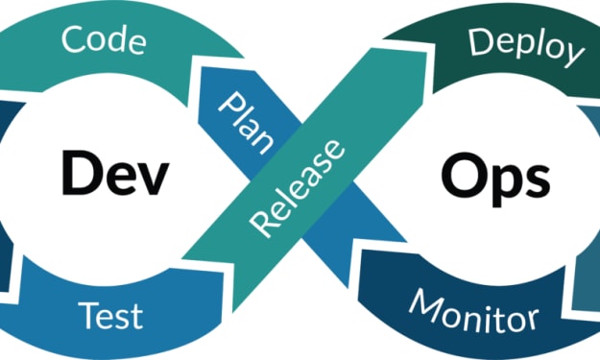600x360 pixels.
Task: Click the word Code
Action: (104, 39)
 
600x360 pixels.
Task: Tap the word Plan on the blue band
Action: (246, 123)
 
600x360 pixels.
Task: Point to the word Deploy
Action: (526, 48)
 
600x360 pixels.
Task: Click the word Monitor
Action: (473, 311)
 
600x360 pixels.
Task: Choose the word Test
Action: (110, 316)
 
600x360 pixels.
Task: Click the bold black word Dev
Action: (115, 174)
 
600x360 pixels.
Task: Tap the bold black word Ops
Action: (495, 180)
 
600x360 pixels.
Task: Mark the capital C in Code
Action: (73, 38)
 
